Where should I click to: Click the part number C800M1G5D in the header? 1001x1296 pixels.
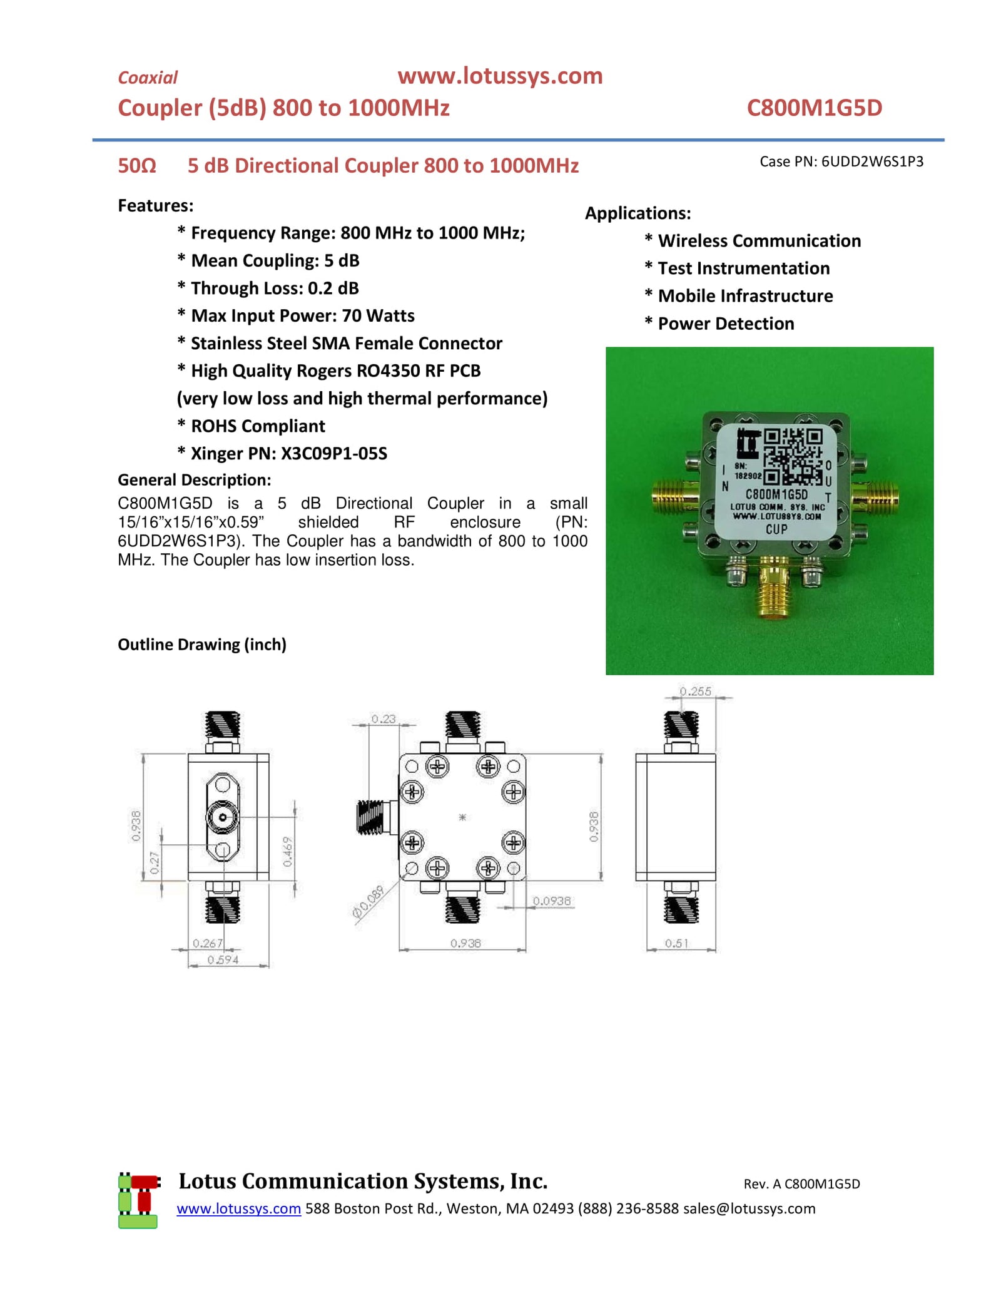point(814,108)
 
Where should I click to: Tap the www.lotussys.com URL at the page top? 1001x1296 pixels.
point(500,76)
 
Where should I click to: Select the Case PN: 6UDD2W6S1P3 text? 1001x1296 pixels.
point(841,161)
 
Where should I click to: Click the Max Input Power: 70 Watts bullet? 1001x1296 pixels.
point(302,315)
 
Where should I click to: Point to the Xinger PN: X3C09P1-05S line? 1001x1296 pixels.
point(288,453)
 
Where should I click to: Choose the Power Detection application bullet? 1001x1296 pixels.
point(725,324)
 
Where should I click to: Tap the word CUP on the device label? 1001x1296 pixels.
point(776,529)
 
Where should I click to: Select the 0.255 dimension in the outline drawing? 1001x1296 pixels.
point(695,691)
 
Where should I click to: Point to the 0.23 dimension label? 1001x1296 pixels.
point(383,719)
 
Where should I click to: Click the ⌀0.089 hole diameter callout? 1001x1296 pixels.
point(368,903)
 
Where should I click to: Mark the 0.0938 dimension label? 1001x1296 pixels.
point(551,901)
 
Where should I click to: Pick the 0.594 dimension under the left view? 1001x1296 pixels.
point(223,960)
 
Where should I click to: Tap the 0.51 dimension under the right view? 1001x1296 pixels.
point(676,943)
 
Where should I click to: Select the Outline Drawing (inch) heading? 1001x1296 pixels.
point(202,645)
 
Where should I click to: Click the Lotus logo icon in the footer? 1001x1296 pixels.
point(138,1201)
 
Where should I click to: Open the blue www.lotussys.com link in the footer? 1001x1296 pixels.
point(238,1208)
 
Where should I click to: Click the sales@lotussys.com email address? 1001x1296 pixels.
point(749,1208)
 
